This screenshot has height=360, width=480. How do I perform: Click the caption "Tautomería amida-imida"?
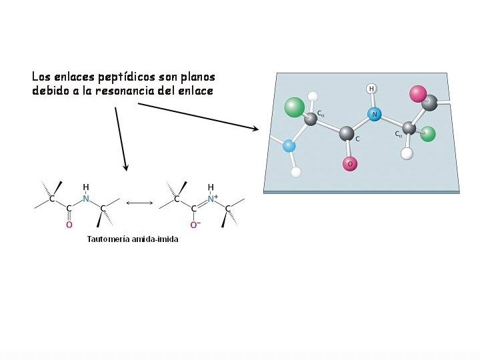coord(133,239)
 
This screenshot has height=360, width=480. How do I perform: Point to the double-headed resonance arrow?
coord(140,203)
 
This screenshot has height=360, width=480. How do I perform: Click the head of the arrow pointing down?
coord(125,167)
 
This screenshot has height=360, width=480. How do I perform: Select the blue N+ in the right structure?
coord(212,199)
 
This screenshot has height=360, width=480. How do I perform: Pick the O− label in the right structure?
coord(195,225)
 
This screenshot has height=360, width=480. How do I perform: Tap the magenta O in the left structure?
coord(69,225)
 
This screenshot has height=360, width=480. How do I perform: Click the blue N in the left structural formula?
coord(85,199)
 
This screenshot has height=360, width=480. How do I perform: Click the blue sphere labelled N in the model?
coord(375,114)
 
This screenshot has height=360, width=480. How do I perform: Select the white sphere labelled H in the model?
coord(371,89)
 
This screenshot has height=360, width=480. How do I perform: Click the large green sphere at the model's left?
coord(294,107)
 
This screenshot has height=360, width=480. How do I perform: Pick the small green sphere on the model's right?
coord(428,134)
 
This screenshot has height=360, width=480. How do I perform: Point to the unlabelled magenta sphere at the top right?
coord(418,93)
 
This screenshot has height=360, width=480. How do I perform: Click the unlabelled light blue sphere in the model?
coord(289,146)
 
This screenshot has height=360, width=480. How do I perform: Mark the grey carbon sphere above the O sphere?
coord(347,134)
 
